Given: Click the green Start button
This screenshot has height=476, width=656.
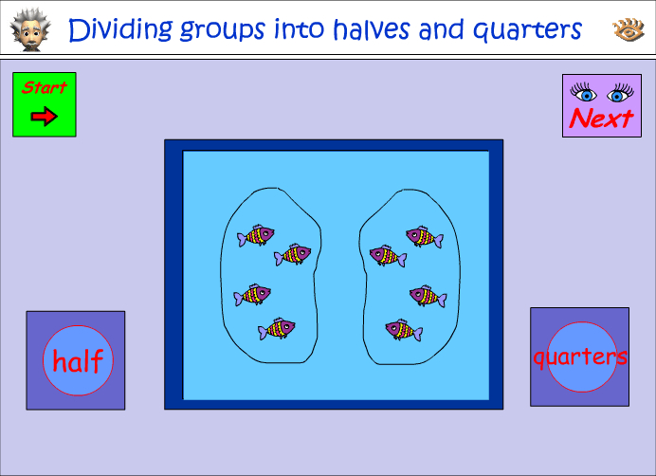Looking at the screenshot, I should tap(44, 104).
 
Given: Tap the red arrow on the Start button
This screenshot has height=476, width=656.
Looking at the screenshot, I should tap(44, 117).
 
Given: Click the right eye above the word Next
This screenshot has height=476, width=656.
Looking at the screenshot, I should tap(620, 94).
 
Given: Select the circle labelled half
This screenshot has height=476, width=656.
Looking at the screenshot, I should tap(78, 360).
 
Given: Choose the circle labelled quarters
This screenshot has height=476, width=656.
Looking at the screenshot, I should tap(579, 357).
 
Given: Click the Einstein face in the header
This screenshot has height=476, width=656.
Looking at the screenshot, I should tap(31, 29).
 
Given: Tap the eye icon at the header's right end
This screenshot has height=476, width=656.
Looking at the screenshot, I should tap(628, 30).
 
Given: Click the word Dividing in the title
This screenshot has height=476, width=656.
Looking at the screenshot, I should tap(118, 29).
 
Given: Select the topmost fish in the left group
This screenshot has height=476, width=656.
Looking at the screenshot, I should tap(256, 234).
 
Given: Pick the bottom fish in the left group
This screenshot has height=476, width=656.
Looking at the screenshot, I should tap(277, 328).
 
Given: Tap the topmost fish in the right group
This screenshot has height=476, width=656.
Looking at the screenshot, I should tap(424, 236).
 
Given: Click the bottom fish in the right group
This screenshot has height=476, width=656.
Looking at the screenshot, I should tap(404, 329).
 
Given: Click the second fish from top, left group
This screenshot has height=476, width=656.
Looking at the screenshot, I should tap(293, 254).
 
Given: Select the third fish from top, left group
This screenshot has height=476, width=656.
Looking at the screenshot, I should tap(253, 295).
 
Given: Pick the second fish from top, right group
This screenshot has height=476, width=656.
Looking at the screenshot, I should tap(388, 255).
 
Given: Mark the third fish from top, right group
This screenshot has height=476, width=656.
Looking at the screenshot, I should tap(428, 296).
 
